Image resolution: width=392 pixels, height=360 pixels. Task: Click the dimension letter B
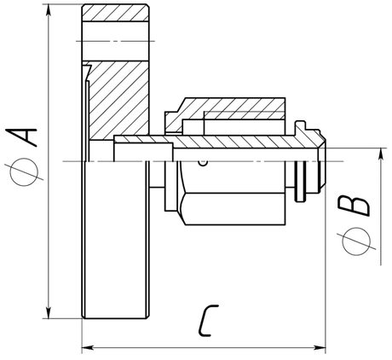[355, 206]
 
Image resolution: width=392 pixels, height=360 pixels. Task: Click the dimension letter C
[208, 321]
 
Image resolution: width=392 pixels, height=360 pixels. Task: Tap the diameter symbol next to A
[25, 172]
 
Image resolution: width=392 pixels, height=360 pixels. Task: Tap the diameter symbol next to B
[356, 241]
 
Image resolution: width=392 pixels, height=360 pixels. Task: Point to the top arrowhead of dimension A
[49, 10]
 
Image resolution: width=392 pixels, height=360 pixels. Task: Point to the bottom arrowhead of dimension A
[49, 312]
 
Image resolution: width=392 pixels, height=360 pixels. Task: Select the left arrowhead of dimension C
[88, 348]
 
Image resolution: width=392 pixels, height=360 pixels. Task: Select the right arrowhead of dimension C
[320, 348]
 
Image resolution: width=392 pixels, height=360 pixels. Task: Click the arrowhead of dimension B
[381, 154]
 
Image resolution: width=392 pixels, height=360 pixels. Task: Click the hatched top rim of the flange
[115, 13]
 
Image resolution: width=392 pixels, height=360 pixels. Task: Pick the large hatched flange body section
[118, 101]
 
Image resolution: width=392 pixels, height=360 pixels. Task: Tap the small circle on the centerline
[203, 163]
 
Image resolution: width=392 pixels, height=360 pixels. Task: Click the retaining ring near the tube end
[301, 182]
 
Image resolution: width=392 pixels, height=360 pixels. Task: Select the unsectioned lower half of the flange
[115, 240]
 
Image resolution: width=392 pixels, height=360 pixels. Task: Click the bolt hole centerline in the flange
[115, 41]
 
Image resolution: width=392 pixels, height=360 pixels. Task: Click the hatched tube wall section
[216, 142]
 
